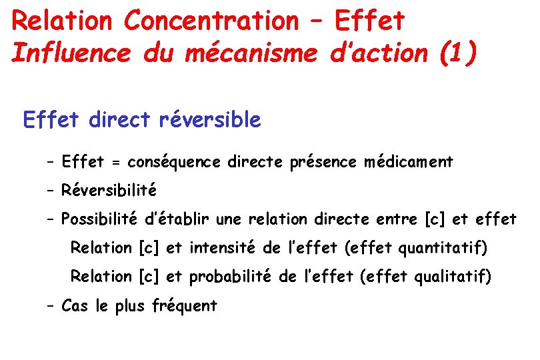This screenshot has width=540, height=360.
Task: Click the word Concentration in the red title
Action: (x=211, y=21)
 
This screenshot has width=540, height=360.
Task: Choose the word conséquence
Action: (x=175, y=162)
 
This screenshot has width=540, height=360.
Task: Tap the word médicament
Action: (x=409, y=162)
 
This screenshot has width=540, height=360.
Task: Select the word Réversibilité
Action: (x=109, y=191)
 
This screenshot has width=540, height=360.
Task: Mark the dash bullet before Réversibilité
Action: (x=51, y=191)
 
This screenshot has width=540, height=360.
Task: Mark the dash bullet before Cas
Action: (x=51, y=306)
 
